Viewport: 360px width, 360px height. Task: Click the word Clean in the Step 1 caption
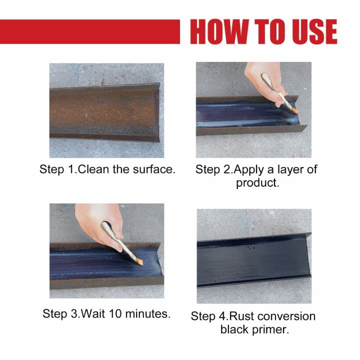point(97,169)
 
